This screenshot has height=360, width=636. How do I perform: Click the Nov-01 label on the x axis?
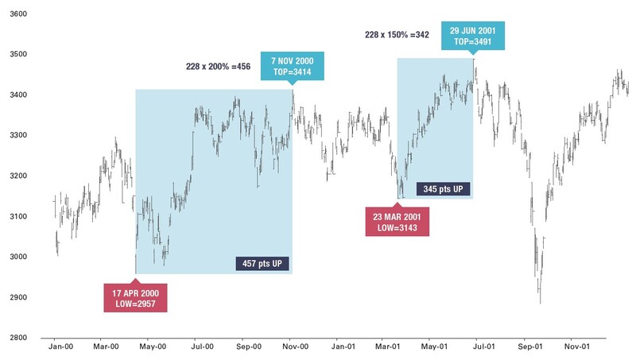coord(577,347)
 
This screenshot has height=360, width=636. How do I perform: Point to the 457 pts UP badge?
coord(262,264)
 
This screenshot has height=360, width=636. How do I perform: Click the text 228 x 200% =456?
coord(217,67)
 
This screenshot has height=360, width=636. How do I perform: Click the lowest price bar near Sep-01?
coord(541,300)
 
